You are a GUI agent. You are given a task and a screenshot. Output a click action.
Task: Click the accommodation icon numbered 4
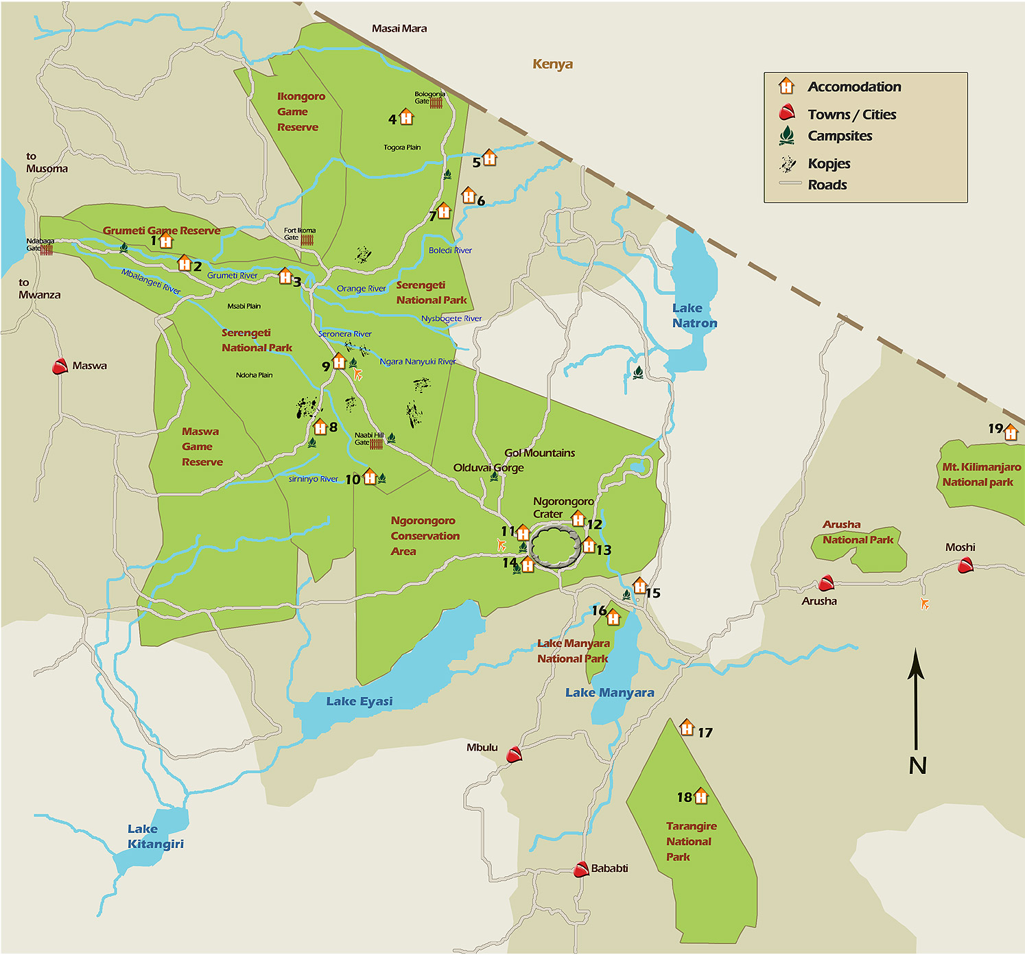point(406,117)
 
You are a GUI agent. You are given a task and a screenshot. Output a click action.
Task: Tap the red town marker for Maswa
point(60,366)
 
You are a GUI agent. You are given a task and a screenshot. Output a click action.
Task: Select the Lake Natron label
point(694,316)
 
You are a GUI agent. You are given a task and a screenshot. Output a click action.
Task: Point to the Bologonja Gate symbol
point(436,104)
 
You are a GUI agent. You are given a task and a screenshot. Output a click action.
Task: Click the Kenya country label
point(552,64)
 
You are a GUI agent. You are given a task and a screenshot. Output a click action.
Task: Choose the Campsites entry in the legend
point(839,136)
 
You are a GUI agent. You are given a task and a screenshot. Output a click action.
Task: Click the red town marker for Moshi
point(965,565)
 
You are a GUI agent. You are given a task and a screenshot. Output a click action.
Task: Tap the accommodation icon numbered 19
point(1011,433)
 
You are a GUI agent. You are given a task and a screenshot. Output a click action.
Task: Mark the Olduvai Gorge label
point(488,467)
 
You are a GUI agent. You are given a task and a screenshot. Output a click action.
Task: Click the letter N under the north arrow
point(917,765)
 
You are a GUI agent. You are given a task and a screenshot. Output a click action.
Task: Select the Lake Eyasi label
point(359,701)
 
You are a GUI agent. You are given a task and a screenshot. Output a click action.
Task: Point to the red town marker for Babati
point(581,869)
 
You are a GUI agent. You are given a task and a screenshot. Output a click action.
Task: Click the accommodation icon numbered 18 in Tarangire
point(700,797)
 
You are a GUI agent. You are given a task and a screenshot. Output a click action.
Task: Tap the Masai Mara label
point(399,29)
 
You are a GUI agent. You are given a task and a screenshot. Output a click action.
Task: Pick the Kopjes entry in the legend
point(828,163)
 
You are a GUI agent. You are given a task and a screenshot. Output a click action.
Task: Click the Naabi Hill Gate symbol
point(377,444)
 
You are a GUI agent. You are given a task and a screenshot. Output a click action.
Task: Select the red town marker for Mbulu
point(514,755)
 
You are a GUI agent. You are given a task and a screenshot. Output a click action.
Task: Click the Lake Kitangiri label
point(155,836)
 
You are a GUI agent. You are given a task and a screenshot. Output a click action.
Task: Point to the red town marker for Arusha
point(826,583)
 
